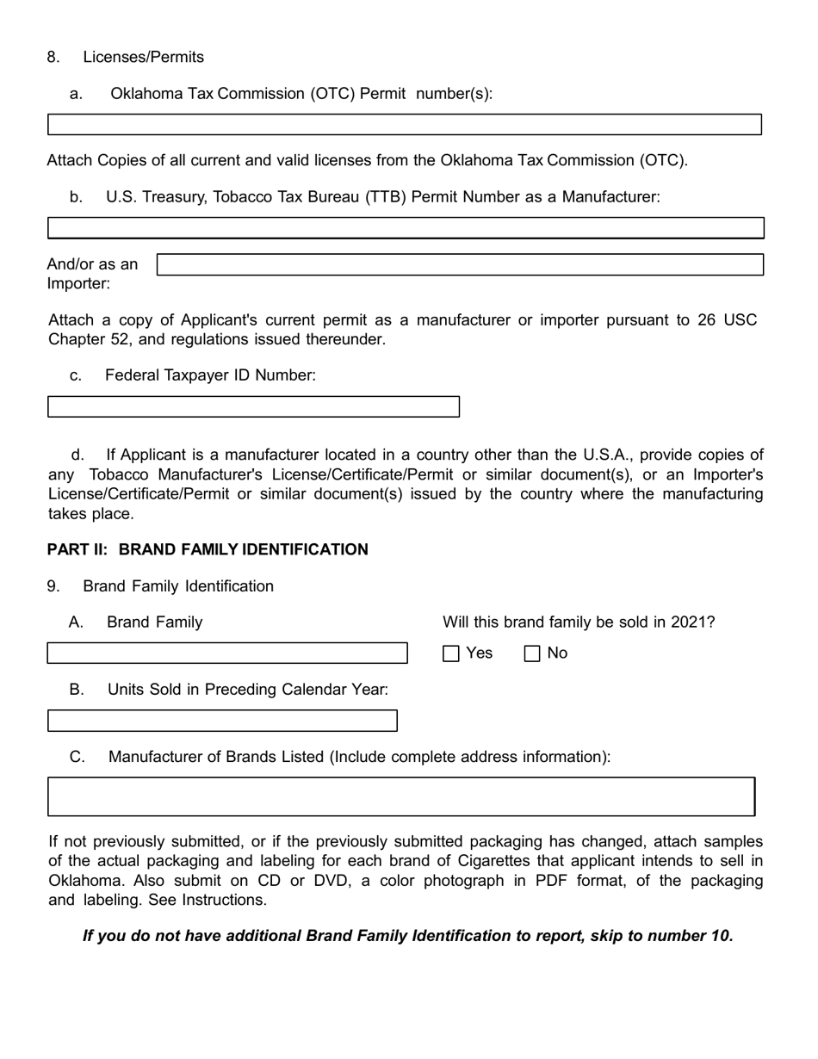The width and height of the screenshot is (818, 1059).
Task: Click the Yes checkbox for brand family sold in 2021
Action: click(x=451, y=653)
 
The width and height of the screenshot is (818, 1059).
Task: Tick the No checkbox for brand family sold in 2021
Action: click(x=532, y=653)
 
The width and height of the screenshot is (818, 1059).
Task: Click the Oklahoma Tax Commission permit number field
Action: click(x=404, y=125)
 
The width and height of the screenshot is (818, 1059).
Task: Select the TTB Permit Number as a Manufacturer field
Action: click(x=406, y=228)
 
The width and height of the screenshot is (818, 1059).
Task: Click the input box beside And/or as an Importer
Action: click(x=460, y=264)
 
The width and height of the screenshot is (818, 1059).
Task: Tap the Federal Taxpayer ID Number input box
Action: click(x=253, y=407)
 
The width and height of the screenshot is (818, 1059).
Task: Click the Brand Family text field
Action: click(x=226, y=653)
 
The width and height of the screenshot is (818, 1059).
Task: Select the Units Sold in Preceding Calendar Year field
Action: click(x=222, y=721)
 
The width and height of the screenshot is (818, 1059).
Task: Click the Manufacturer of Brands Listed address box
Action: click(x=401, y=796)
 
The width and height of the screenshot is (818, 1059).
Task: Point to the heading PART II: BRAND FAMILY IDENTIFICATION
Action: click(x=208, y=549)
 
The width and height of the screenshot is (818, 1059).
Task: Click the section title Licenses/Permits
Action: click(x=143, y=57)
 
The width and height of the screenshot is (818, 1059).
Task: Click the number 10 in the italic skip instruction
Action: click(x=720, y=936)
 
